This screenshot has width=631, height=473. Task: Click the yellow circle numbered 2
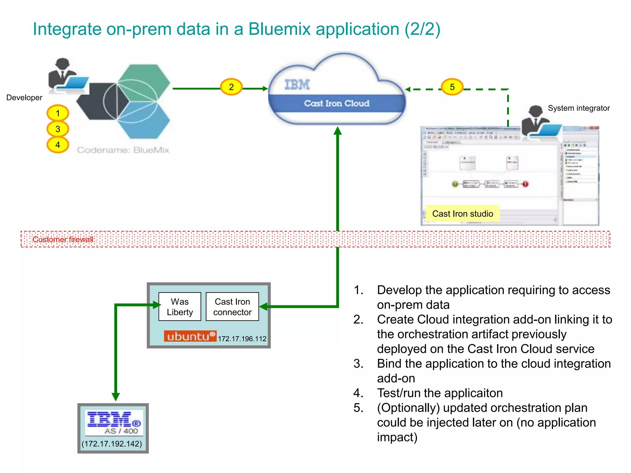[231, 87]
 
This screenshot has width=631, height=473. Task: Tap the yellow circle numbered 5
[452, 87]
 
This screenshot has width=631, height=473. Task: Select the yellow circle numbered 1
[58, 113]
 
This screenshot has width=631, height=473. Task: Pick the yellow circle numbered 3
[58, 129]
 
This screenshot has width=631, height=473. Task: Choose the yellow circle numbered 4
[58, 145]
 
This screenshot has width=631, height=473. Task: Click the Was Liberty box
[180, 307]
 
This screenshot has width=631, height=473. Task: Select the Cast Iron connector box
[232, 307]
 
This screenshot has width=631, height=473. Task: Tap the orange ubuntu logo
[190, 336]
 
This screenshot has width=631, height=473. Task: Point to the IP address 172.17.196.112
[242, 339]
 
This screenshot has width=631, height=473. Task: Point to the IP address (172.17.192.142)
[112, 444]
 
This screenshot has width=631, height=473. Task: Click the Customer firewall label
[63, 240]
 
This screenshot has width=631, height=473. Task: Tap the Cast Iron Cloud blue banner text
[337, 103]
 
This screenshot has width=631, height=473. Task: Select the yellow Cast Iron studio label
[462, 214]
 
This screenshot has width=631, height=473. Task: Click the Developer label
[24, 98]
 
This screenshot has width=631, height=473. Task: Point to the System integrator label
[579, 108]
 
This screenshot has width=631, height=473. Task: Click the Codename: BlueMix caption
[123, 150]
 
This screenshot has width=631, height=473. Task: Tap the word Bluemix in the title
[279, 29]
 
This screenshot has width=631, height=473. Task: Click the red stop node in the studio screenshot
[525, 184]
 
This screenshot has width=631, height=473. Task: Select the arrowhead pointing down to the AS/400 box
[116, 396]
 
